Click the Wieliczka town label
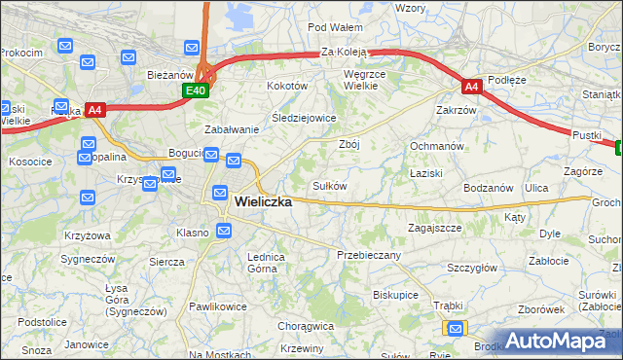click(263, 202)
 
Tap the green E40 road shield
click(195, 90)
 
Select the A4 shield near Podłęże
click(471, 87)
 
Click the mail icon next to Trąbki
click(453, 329)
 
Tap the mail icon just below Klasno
click(224, 231)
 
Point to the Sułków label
click(329, 185)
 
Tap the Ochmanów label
click(434, 145)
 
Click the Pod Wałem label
click(335, 27)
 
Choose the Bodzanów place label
click(488, 187)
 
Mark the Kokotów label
click(287, 86)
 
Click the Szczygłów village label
click(472, 268)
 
